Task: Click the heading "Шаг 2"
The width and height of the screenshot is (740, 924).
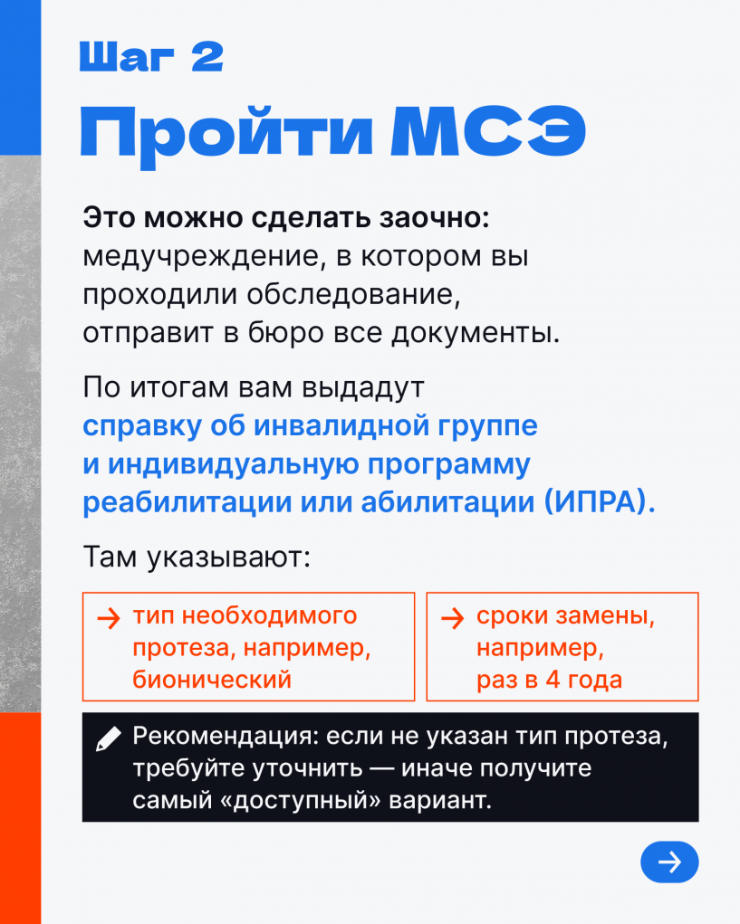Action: pos(151,57)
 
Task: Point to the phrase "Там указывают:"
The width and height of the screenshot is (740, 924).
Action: pos(197,557)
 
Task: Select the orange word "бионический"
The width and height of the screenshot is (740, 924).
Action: pos(212,679)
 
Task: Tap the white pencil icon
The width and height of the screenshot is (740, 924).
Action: pos(108,739)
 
